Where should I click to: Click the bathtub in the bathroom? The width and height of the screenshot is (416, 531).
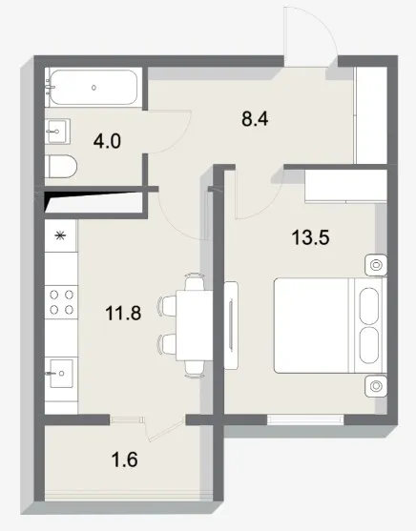point(94,88)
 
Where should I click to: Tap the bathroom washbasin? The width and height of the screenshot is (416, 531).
point(57,132)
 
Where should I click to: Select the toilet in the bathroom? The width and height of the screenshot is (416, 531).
point(61,167)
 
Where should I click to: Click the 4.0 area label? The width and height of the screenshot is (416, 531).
point(107,141)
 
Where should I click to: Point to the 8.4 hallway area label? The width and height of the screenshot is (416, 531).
point(255,119)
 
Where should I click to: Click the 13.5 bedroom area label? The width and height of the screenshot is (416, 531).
point(310,237)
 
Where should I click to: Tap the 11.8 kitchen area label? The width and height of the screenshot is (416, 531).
point(123,313)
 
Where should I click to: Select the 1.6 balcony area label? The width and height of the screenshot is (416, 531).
point(124,460)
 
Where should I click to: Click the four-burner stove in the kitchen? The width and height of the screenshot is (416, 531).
point(61,302)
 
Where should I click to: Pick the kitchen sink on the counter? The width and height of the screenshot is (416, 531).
point(61,373)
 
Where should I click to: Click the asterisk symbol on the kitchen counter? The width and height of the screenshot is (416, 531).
point(60,235)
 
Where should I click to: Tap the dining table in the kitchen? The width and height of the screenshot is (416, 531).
point(195,325)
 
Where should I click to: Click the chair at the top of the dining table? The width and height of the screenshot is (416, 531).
point(195,281)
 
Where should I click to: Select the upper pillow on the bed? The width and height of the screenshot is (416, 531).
point(369,306)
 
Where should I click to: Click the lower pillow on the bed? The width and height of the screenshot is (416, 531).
point(369,345)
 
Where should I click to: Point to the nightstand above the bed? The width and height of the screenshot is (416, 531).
point(376,264)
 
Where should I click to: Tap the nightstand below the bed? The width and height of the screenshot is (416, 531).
point(376,386)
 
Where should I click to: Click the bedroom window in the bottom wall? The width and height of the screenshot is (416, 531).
point(305,419)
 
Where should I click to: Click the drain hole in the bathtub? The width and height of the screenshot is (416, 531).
point(94,88)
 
